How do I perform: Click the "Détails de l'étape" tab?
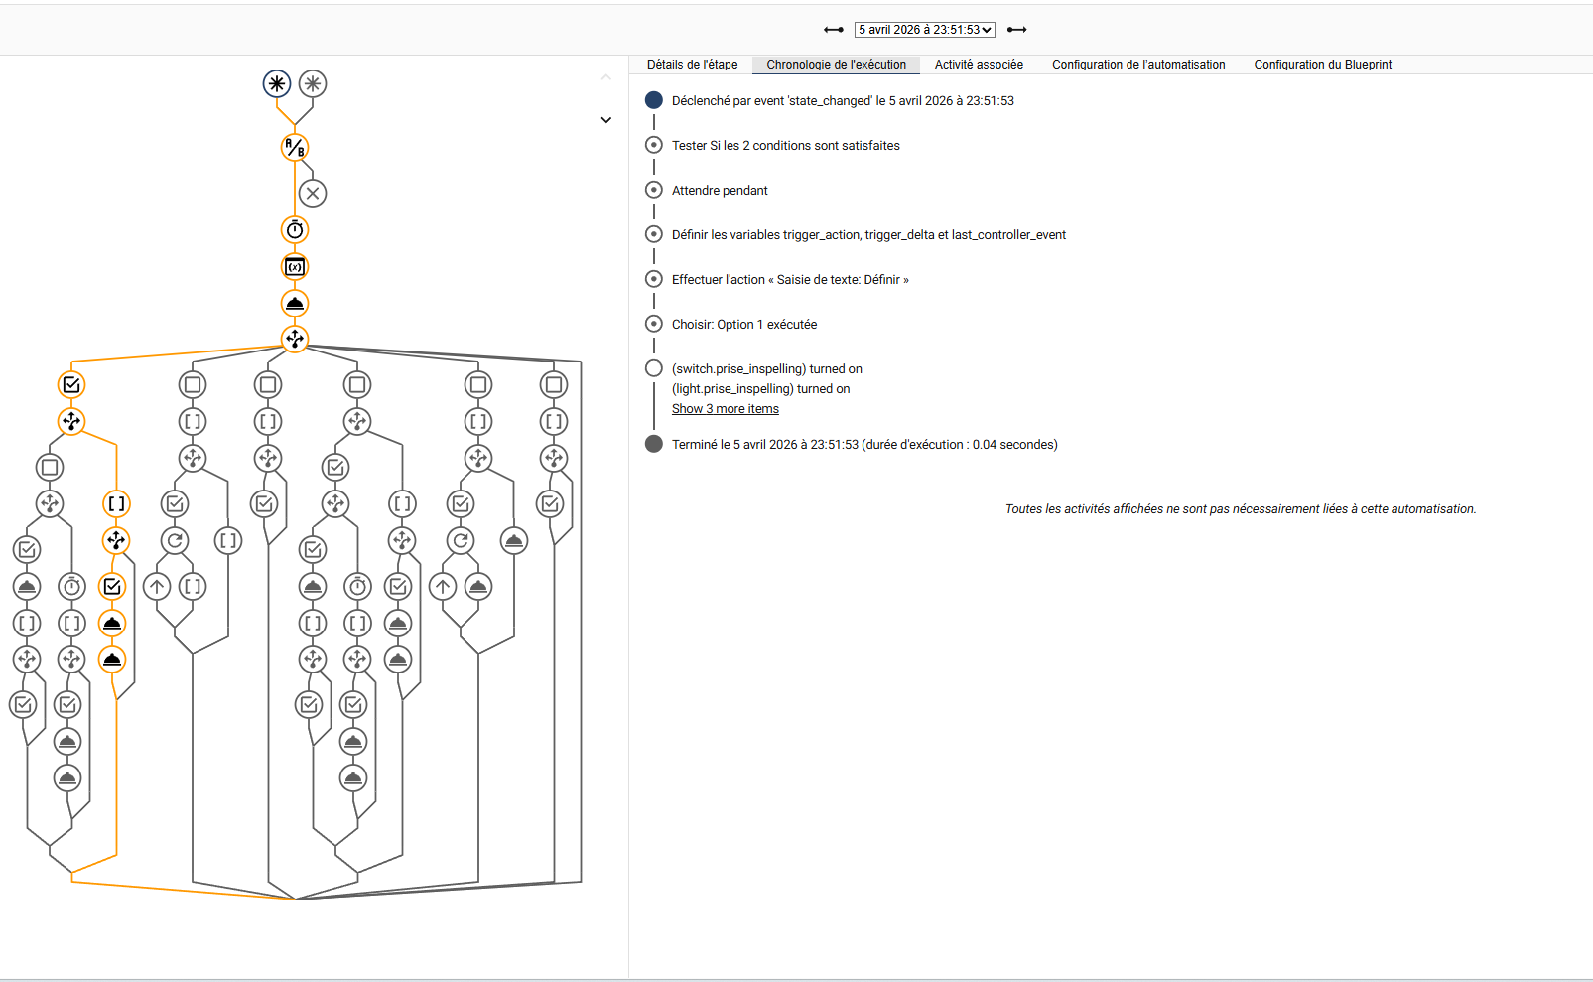click(x=692, y=64)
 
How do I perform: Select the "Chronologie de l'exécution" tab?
click(x=836, y=64)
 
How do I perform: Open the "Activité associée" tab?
click(x=979, y=64)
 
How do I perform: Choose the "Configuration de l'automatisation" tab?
click(x=1138, y=64)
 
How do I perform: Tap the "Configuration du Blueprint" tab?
click(x=1323, y=64)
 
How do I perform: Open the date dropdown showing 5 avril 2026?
click(x=924, y=29)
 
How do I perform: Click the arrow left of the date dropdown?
click(x=834, y=29)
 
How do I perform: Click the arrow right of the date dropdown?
click(x=1017, y=29)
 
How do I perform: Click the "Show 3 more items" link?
click(x=725, y=408)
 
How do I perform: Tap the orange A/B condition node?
click(x=295, y=147)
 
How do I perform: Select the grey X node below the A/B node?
click(x=313, y=193)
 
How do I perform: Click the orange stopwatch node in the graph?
click(x=295, y=229)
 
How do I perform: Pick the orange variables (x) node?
click(x=295, y=267)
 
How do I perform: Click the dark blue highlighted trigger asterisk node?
click(x=277, y=84)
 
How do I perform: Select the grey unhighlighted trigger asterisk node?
click(x=313, y=84)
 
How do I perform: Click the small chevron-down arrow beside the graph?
click(x=605, y=120)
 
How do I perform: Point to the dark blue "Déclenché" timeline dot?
click(x=653, y=100)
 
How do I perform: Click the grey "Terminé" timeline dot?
click(x=653, y=444)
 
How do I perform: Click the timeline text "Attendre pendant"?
click(x=720, y=190)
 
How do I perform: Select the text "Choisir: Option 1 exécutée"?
click(x=743, y=325)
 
